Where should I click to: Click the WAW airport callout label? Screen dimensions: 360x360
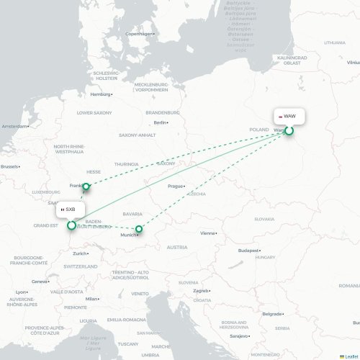tap(288, 115)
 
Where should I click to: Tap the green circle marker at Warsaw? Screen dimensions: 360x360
tap(289, 130)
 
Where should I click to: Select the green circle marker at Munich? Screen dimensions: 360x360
tap(140, 230)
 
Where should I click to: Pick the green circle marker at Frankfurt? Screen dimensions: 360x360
tap(86, 187)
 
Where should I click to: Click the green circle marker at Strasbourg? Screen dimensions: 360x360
tap(71, 225)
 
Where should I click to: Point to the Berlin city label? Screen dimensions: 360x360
tap(160, 123)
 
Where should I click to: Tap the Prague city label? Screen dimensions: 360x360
tap(176, 186)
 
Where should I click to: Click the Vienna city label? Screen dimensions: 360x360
tap(208, 233)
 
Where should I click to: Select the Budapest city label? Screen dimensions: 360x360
tap(248, 251)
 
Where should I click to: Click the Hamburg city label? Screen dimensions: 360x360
tap(101, 94)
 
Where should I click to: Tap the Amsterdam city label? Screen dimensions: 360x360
tap(14, 127)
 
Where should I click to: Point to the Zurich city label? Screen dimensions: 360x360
tap(80, 253)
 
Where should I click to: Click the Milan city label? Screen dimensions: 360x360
tap(91, 298)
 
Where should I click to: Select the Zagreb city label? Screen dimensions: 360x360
tap(201, 291)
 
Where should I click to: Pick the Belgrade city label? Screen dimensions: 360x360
tap(271, 314)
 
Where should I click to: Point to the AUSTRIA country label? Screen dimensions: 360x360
tap(177, 247)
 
